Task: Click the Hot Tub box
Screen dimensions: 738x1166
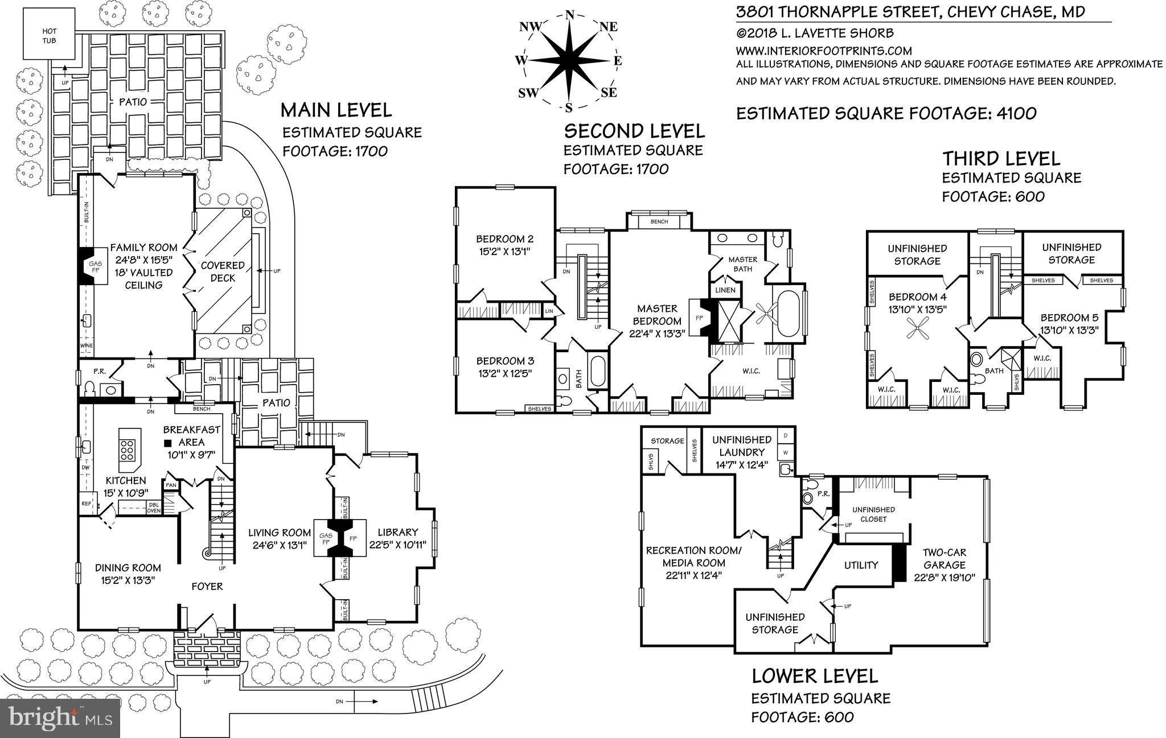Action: (x=50, y=35)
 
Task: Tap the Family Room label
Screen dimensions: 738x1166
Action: (x=143, y=248)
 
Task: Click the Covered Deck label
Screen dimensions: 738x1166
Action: (x=223, y=271)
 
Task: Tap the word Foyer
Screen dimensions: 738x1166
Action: (x=207, y=586)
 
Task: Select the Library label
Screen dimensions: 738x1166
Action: (x=397, y=533)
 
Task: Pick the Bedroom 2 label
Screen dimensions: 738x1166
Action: (x=504, y=239)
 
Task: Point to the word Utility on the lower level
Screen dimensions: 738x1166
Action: (x=861, y=565)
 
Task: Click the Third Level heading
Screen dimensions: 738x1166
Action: (x=1001, y=158)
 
